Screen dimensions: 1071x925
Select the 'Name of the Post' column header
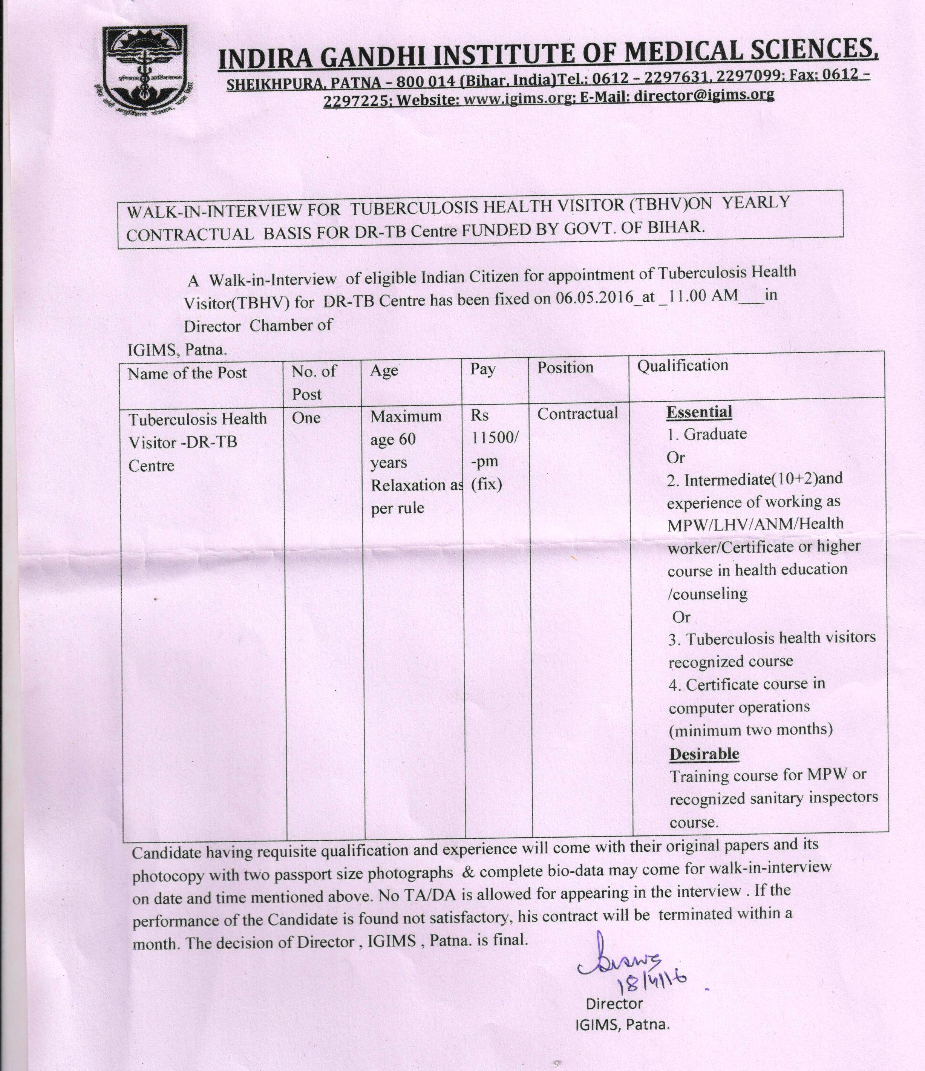187,373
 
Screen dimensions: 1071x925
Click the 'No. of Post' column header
314,383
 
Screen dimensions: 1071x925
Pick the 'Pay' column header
482,369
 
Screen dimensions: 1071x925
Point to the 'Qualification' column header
682,366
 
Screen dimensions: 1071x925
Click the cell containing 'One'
306,418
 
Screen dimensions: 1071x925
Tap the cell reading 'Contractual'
577,414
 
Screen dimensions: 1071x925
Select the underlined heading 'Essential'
699,412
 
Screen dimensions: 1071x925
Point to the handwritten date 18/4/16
653,979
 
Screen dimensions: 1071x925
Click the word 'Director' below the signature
614,1004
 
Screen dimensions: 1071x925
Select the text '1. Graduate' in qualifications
707,434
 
